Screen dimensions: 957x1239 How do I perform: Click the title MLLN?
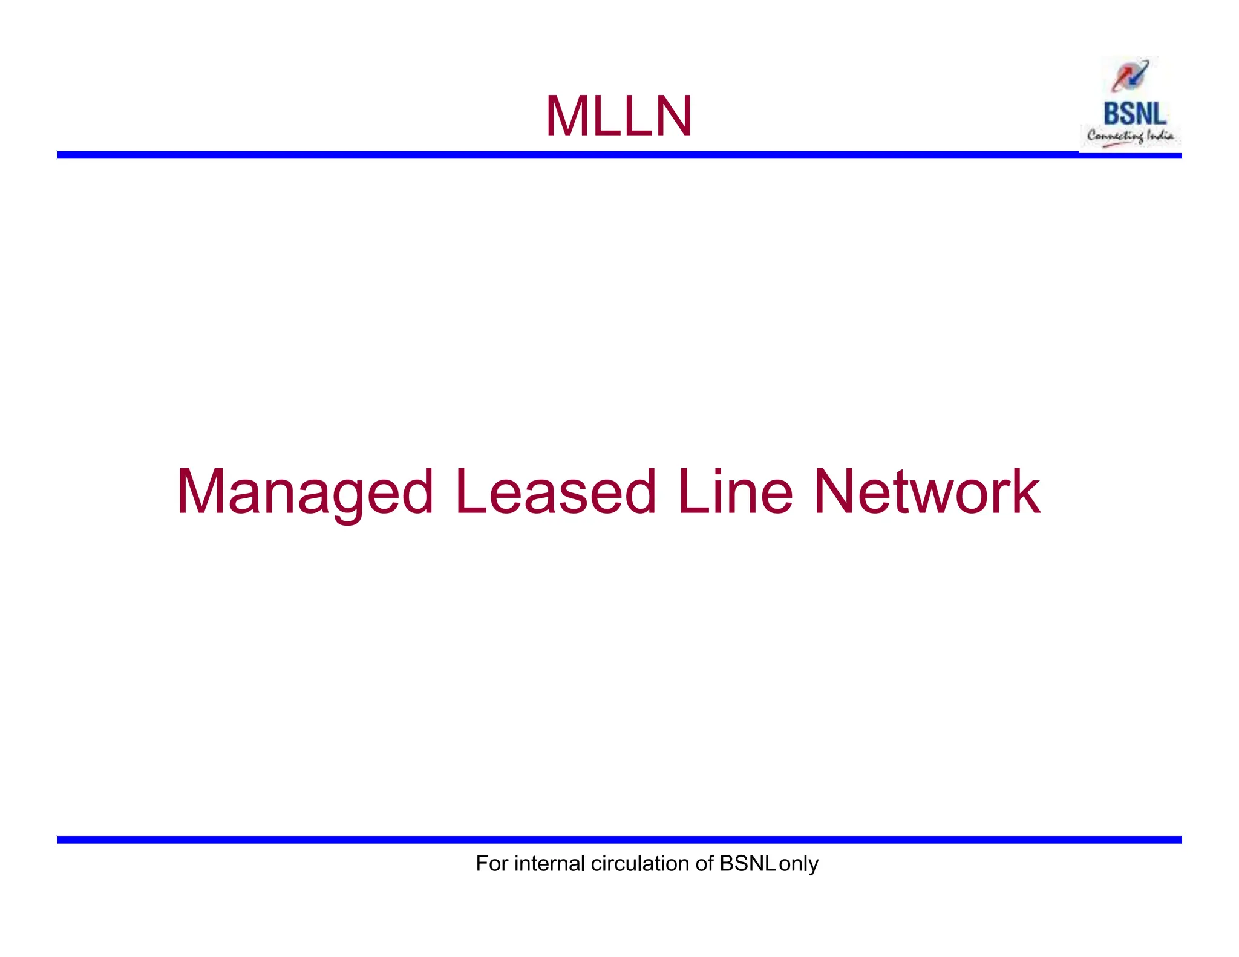pos(618,116)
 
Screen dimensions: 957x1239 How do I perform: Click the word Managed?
pos(305,493)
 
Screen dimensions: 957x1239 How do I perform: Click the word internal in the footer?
pos(549,863)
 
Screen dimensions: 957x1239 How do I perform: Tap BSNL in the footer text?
pos(748,863)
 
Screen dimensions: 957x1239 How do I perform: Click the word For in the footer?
pos(492,863)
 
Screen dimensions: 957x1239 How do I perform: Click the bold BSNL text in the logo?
pos(1134,114)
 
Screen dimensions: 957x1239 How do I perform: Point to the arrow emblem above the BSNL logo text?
pos(1129,76)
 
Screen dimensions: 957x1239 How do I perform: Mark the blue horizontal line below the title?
pos(569,155)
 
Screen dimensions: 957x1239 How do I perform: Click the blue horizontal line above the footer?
pos(618,840)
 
